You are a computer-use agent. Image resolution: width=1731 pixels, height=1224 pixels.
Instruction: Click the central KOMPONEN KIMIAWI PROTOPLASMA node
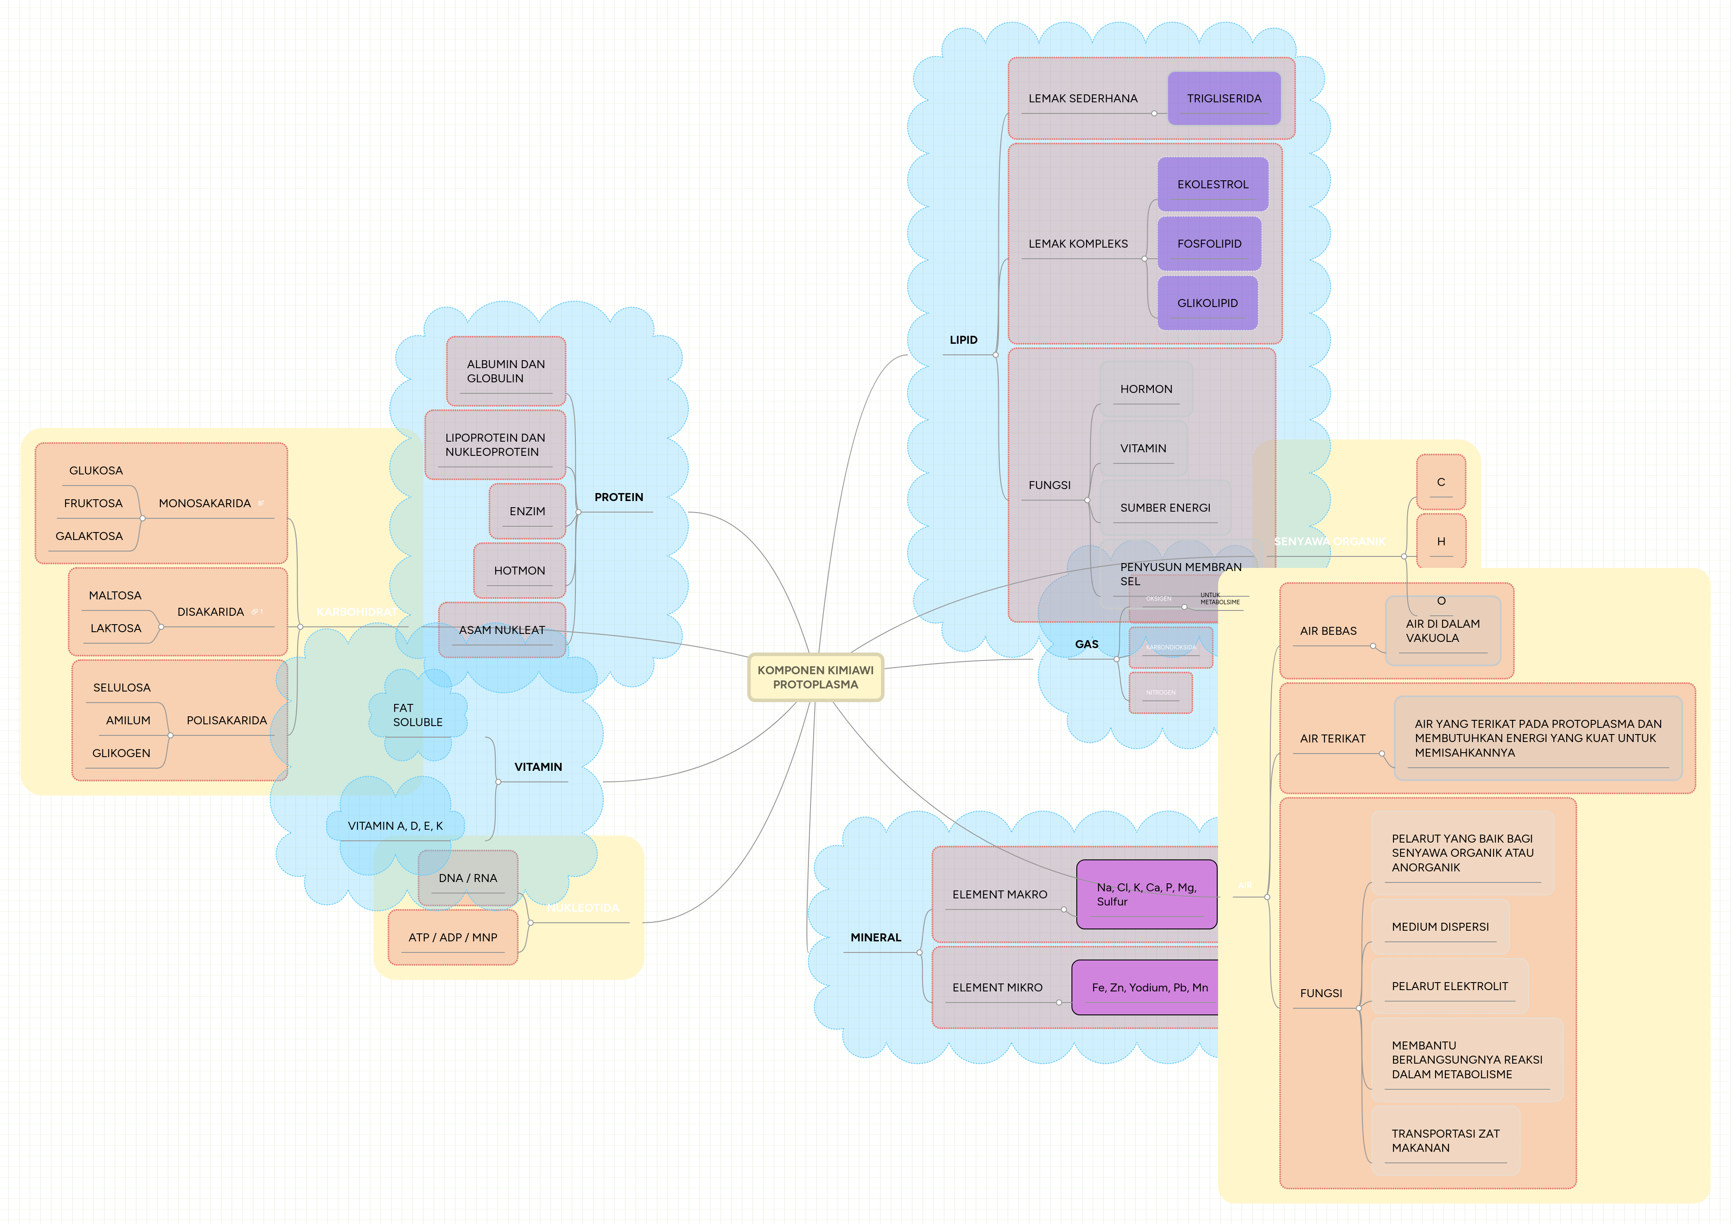pyautogui.click(x=815, y=677)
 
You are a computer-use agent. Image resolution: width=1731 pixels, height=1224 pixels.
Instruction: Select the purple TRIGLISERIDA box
pyautogui.click(x=1223, y=99)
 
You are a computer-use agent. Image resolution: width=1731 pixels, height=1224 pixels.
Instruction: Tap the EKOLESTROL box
pyautogui.click(x=1212, y=185)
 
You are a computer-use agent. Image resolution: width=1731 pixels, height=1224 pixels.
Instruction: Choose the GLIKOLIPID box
pyautogui.click(x=1207, y=303)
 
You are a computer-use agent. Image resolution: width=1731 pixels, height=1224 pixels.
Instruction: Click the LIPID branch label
pyautogui.click(x=963, y=340)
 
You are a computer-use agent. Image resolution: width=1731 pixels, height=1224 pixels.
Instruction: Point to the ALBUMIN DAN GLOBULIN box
pyautogui.click(x=505, y=371)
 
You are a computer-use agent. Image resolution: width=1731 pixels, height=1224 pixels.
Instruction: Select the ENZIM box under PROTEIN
pyautogui.click(x=527, y=511)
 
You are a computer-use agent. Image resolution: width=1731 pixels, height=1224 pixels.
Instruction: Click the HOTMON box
pyautogui.click(x=520, y=571)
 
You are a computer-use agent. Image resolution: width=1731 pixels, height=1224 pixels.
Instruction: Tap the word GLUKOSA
pyautogui.click(x=96, y=470)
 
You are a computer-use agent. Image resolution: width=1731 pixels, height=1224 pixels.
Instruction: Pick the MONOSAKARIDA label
pyautogui.click(x=204, y=503)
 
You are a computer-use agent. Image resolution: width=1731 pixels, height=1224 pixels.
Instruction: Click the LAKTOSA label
pyautogui.click(x=115, y=628)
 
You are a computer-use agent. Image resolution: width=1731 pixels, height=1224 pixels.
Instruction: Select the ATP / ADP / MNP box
pyautogui.click(x=452, y=937)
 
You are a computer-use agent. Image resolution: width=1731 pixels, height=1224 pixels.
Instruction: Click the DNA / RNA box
pyautogui.click(x=467, y=878)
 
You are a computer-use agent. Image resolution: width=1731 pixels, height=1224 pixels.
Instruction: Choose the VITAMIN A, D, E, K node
pyautogui.click(x=395, y=826)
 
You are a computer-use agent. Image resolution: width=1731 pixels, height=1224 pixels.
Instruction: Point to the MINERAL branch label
pyautogui.click(x=875, y=937)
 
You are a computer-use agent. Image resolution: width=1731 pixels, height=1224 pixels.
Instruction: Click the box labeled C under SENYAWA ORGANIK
pyautogui.click(x=1441, y=482)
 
